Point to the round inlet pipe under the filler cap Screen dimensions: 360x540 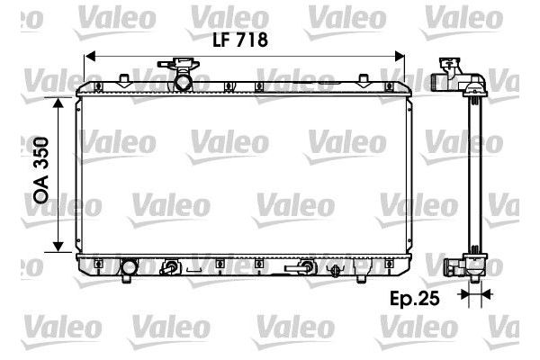click(183, 83)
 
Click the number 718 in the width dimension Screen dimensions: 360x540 click(254, 40)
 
